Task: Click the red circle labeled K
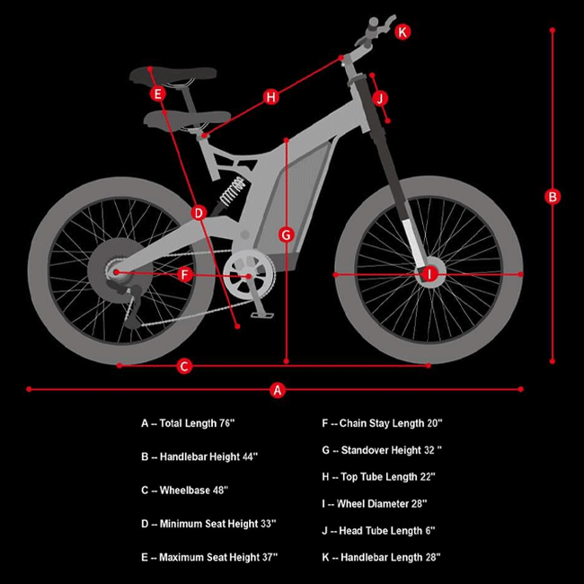pyautogui.click(x=403, y=31)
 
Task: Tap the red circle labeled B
pyautogui.click(x=553, y=197)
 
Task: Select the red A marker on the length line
pyautogui.click(x=277, y=390)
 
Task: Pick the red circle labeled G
pyautogui.click(x=286, y=235)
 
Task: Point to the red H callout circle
pyautogui.click(x=270, y=97)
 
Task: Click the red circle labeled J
pyautogui.click(x=380, y=99)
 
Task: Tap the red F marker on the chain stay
pyautogui.click(x=185, y=275)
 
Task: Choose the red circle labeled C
pyautogui.click(x=184, y=366)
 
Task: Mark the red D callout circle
pyautogui.click(x=199, y=213)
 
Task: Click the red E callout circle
pyautogui.click(x=157, y=93)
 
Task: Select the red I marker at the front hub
pyautogui.click(x=429, y=275)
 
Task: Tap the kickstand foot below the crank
pyautogui.click(x=262, y=315)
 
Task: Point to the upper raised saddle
pyautogui.click(x=173, y=75)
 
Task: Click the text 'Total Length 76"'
pyautogui.click(x=197, y=423)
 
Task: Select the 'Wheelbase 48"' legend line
pyautogui.click(x=184, y=491)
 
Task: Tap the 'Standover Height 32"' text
pyautogui.click(x=392, y=450)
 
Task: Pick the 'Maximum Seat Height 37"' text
pyautogui.click(x=218, y=557)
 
